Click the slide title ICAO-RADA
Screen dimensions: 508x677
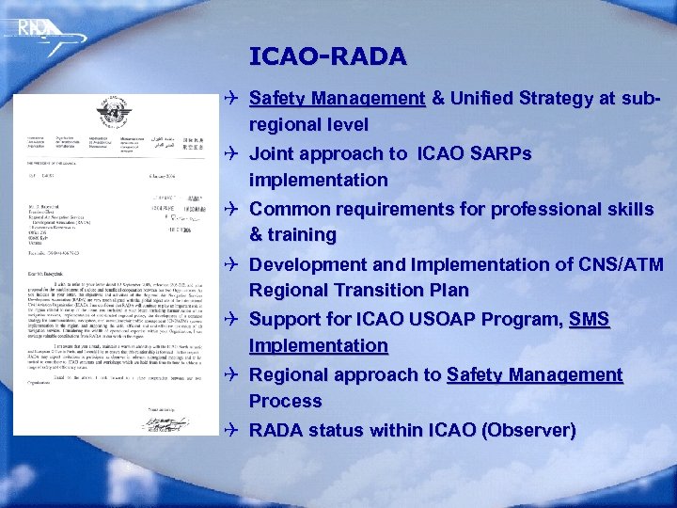(328, 56)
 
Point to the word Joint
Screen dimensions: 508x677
(276, 153)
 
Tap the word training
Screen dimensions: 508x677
(302, 234)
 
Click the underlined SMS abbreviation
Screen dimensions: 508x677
(590, 320)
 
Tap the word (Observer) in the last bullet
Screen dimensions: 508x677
(527, 431)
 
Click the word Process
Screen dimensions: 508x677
(286, 401)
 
